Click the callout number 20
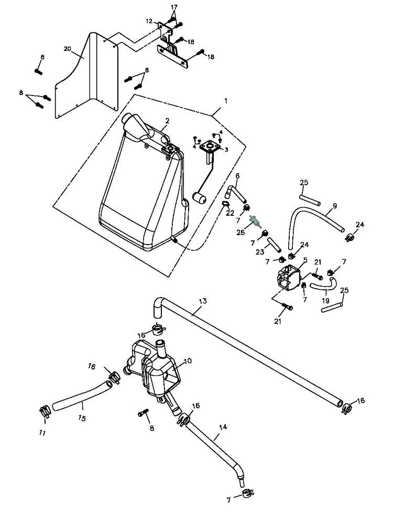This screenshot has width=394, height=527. tap(68, 49)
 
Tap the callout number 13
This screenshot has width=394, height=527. tap(203, 301)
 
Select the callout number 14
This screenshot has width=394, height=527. tap(223, 427)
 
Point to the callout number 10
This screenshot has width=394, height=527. tap(188, 361)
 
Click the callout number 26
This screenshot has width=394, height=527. tap(240, 232)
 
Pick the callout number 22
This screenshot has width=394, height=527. tap(229, 213)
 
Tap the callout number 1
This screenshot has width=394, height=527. tap(226, 101)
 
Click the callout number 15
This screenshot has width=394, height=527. tap(82, 418)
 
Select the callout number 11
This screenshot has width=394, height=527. tap(42, 433)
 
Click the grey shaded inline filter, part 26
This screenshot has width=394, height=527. tap(255, 222)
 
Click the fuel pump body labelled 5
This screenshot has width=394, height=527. tap(288, 277)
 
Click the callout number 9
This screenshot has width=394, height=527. tap(335, 206)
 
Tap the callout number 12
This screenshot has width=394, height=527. tap(149, 21)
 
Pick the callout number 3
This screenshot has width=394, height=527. tap(226, 150)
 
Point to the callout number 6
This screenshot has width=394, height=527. tap(238, 176)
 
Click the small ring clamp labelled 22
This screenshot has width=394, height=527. tap(225, 203)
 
